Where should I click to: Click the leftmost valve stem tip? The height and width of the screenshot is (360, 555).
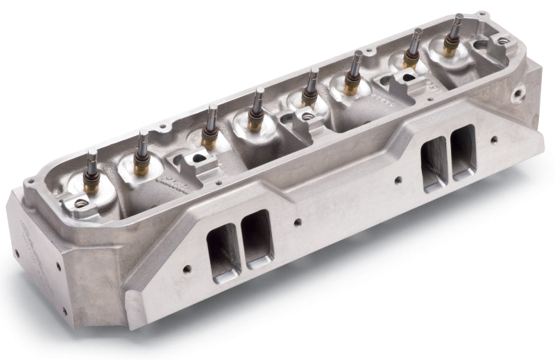90,153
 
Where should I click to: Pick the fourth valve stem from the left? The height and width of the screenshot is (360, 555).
259,92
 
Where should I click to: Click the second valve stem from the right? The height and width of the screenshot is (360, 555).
417,32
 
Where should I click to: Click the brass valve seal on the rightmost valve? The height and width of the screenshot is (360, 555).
451,49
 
